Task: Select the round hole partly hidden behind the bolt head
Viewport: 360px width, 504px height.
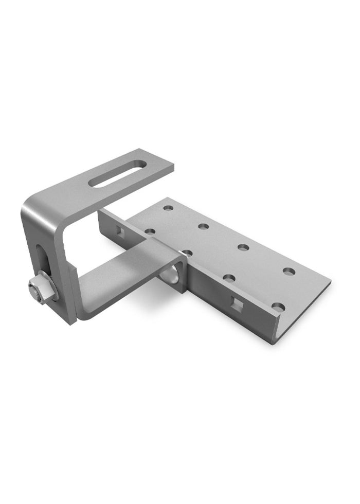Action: click(x=187, y=253)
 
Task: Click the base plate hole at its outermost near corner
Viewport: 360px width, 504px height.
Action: click(x=278, y=307)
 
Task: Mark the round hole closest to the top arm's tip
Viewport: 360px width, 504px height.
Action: click(x=168, y=209)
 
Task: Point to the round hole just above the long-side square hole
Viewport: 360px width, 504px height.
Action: click(x=230, y=279)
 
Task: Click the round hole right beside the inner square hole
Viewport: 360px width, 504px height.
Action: click(x=150, y=231)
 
